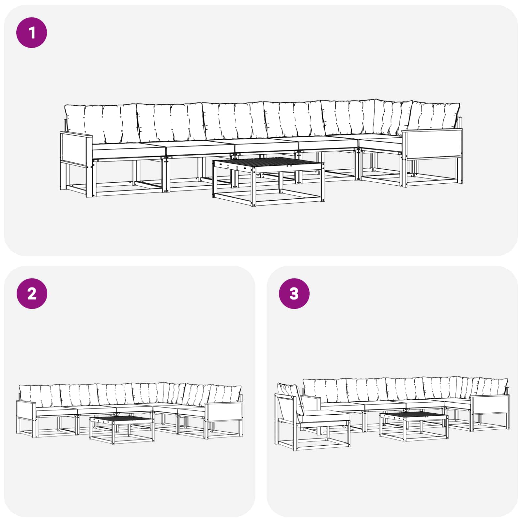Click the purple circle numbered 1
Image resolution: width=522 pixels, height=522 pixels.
(x=32, y=33)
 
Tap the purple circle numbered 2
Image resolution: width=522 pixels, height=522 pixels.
(x=32, y=294)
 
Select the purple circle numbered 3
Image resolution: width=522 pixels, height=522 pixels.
(x=294, y=294)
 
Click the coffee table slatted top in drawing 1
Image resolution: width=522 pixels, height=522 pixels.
(x=268, y=163)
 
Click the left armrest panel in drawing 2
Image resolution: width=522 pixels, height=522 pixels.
(x=26, y=410)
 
